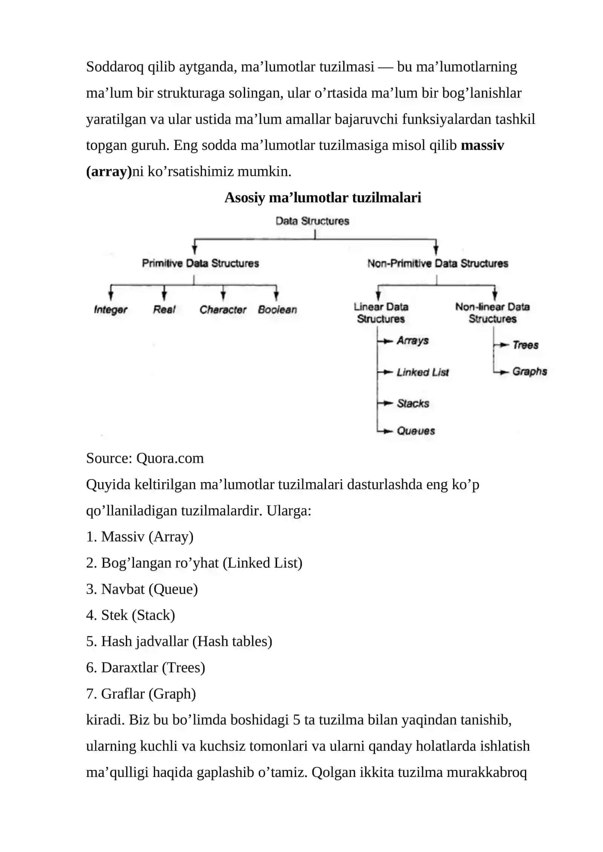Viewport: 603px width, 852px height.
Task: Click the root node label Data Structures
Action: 312,221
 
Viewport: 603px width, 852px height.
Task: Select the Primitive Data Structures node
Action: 200,263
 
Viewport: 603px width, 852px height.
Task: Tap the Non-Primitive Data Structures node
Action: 438,263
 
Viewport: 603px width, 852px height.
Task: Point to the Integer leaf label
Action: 110,310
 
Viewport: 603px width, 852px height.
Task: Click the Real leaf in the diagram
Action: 164,309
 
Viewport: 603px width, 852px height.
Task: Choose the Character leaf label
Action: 223,309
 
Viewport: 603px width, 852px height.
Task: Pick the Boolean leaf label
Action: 277,309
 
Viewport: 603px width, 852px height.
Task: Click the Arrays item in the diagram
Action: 413,340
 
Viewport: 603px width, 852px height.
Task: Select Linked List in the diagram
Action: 423,372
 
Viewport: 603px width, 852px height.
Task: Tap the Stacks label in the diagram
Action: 413,403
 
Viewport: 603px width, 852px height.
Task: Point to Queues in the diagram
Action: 416,431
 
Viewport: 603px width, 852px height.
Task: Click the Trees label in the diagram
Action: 525,345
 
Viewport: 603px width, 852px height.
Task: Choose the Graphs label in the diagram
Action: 530,371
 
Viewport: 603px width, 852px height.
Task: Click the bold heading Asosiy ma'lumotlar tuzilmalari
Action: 323,197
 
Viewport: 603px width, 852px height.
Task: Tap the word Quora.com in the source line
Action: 170,458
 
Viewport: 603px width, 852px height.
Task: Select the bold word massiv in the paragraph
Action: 482,145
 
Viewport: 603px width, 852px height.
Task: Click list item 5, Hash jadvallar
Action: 179,641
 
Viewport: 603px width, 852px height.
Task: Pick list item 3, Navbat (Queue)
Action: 142,589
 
